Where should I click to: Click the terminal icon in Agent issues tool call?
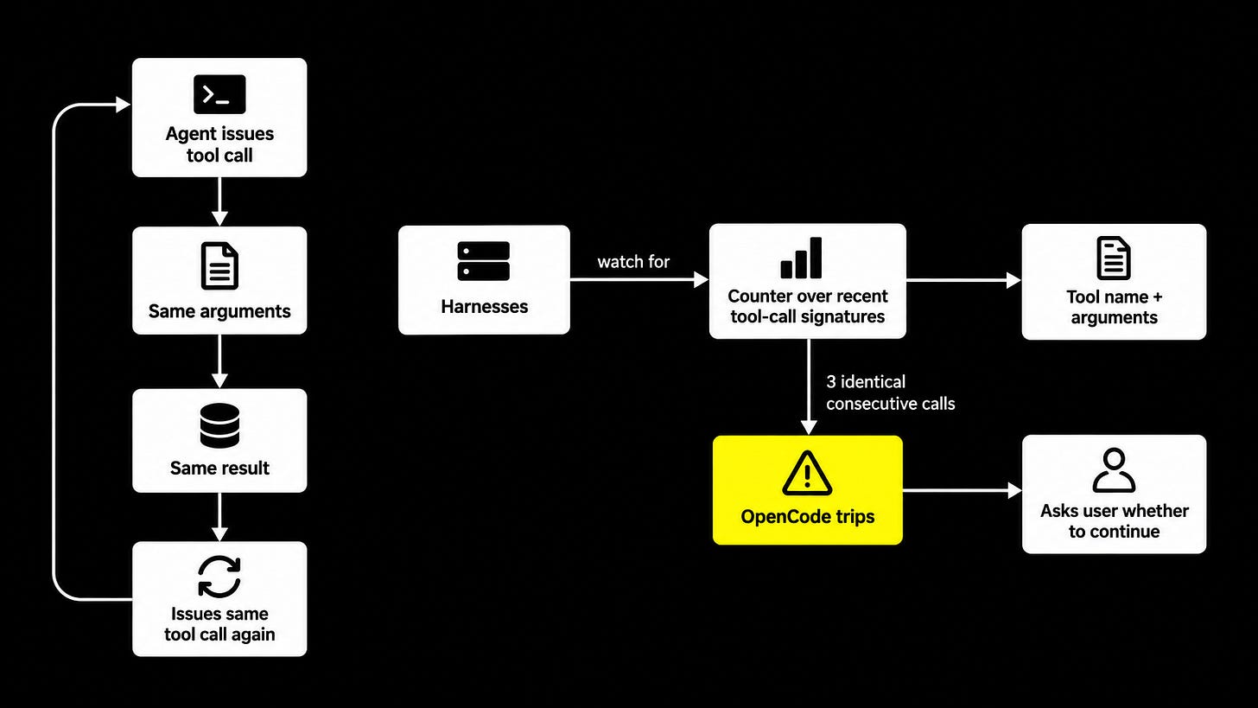[219, 94]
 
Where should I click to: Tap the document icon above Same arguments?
[219, 265]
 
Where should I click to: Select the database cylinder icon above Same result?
[219, 425]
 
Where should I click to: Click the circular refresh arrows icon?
[219, 577]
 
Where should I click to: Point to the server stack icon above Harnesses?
[484, 261]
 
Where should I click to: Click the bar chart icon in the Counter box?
[802, 258]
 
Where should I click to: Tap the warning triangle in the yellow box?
[807, 473]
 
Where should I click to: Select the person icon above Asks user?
[1115, 470]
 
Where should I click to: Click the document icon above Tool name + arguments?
[1114, 258]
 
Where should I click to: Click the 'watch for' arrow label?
[633, 262]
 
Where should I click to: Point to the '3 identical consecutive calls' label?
[890, 392]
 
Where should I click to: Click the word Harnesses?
[484, 307]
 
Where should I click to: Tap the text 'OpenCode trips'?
[808, 516]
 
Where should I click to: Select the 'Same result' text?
[219, 468]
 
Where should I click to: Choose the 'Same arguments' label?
[219, 311]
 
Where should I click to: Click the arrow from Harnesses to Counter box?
[639, 279]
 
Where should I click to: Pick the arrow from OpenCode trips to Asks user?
[962, 490]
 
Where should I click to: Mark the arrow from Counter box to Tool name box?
[963, 280]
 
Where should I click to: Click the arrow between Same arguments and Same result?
[219, 361]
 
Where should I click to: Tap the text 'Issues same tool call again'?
[219, 624]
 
